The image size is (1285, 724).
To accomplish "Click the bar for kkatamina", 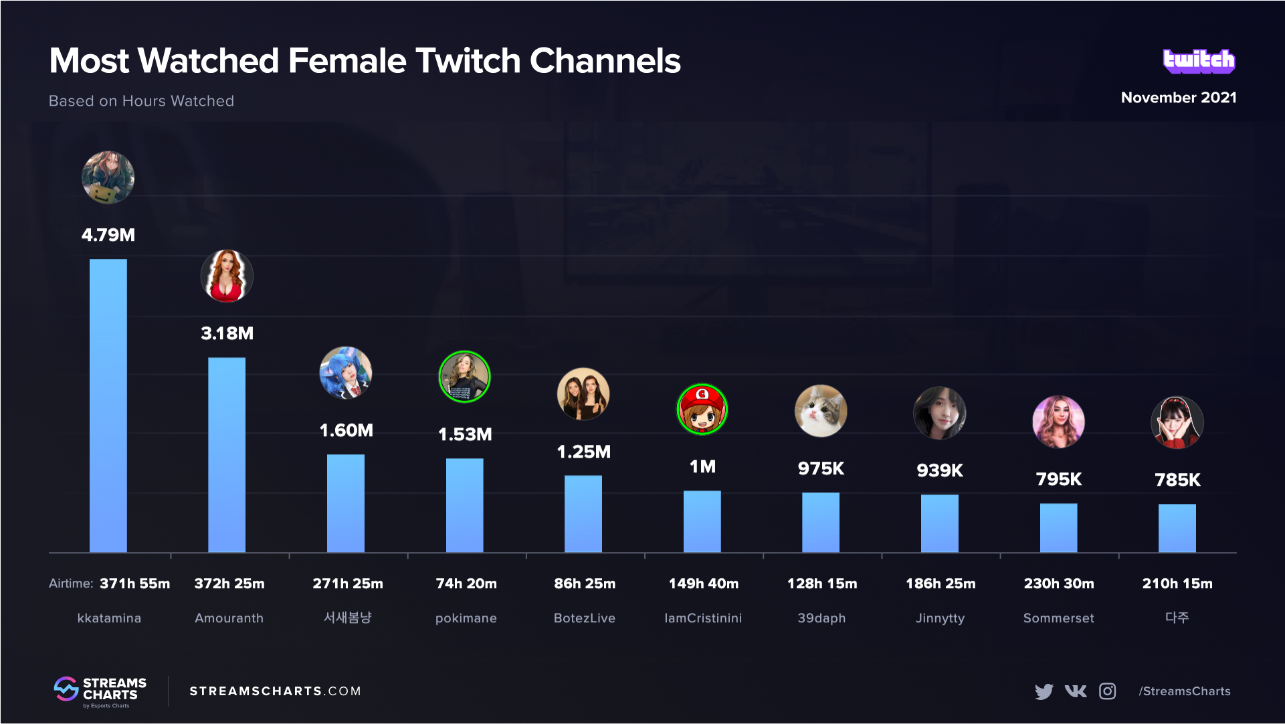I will pos(108,405).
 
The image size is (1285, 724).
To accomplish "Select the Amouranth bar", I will pos(227,455).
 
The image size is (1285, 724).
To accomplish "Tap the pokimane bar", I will pos(464,505).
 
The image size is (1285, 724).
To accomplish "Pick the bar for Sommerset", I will pos(1058,528).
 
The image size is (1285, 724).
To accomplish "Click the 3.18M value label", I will pos(227,333).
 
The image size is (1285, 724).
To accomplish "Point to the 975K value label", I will pos(821,468).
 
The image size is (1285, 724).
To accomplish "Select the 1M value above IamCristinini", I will pos(702,466).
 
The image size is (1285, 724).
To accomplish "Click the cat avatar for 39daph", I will pos(821,411).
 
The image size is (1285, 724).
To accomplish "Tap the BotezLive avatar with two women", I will pos(583,394).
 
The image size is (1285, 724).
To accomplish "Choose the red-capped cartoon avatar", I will pos(702,410).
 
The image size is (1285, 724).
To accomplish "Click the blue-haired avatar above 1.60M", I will pos(346,373).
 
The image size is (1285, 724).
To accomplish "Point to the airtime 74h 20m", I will pos(466,583).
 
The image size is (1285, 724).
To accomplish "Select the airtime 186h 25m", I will pos(941,583).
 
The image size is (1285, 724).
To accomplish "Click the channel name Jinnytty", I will pos(940,618).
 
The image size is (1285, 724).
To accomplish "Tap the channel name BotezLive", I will pos(584,618).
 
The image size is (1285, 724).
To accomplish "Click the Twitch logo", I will pos(1199,61).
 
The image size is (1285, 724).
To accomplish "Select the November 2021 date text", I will pos(1179,98).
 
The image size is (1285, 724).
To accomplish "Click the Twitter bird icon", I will pos(1044,691).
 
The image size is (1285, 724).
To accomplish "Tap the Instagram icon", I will pos(1108,691).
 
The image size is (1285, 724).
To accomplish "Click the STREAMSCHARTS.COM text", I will pos(275,691).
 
